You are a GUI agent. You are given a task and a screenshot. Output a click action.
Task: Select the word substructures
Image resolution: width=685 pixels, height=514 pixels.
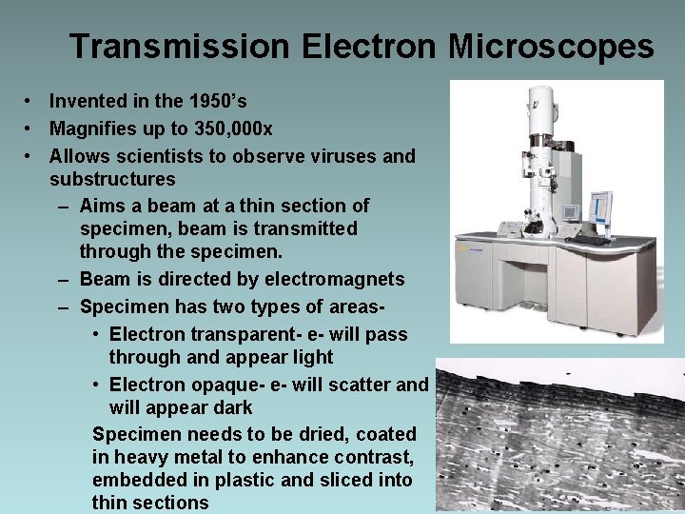[112, 179]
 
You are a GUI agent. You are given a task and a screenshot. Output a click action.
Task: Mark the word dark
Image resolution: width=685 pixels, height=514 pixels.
[233, 408]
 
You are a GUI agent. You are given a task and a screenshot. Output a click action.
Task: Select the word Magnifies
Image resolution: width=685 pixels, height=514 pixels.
[92, 128]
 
